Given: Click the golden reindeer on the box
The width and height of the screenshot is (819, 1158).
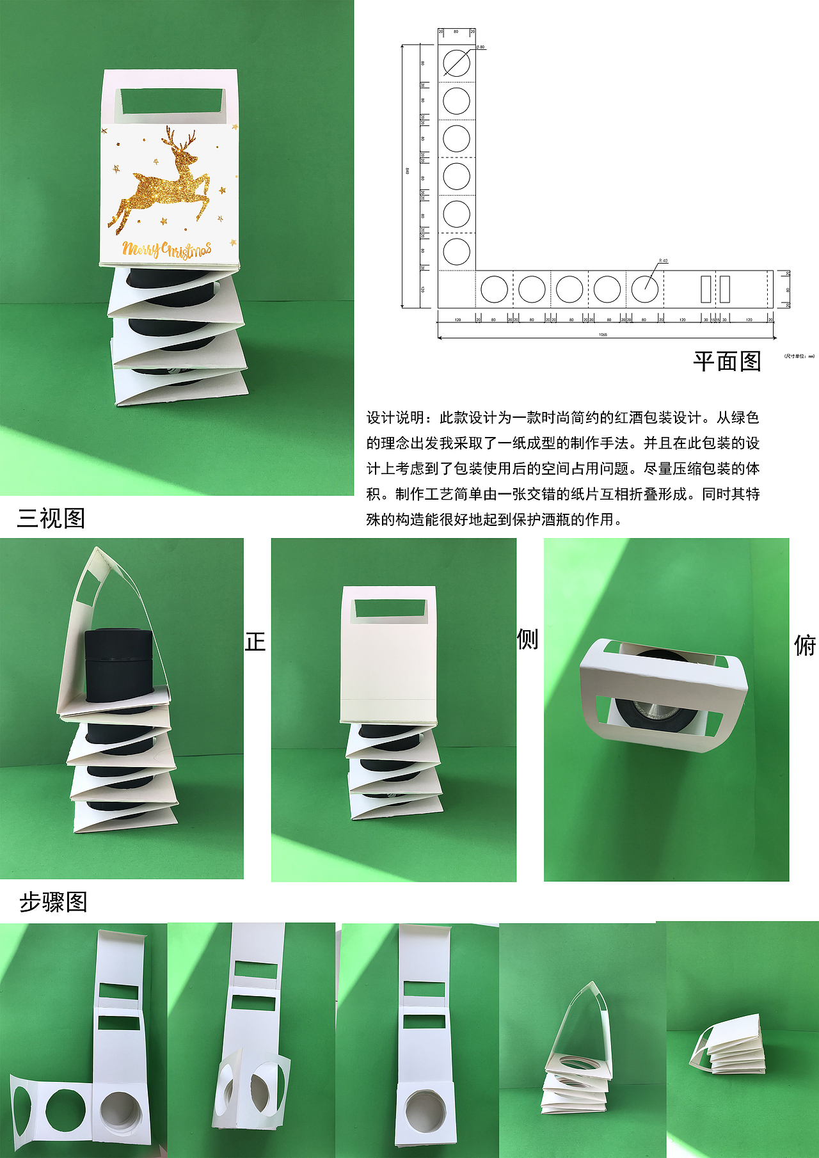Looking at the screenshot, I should pyautogui.click(x=164, y=182).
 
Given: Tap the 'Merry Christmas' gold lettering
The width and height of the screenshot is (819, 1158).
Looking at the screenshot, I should pyautogui.click(x=167, y=250).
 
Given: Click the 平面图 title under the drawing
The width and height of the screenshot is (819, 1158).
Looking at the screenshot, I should pyautogui.click(x=727, y=361).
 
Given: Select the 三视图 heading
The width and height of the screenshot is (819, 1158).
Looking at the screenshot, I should pyautogui.click(x=51, y=518).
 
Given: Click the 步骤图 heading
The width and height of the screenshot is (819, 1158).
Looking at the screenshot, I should pyautogui.click(x=53, y=902).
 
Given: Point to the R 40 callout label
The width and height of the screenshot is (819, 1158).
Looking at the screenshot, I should pyautogui.click(x=664, y=261).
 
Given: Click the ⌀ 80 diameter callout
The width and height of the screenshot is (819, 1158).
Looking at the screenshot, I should pyautogui.click(x=481, y=47).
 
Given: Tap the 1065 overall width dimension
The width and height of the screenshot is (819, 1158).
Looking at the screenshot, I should pyautogui.click(x=603, y=335).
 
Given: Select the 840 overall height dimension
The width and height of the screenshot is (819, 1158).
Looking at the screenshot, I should pyautogui.click(x=407, y=171).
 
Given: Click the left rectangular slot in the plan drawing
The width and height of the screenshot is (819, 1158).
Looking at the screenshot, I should pyautogui.click(x=705, y=289).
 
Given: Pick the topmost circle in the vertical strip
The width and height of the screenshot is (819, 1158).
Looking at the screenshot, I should pyautogui.click(x=456, y=63).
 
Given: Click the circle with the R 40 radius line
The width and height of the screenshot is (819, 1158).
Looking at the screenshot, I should pyautogui.click(x=644, y=289).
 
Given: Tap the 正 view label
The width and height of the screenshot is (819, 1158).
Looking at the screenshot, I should pyautogui.click(x=255, y=642).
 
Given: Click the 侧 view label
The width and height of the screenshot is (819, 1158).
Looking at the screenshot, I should pyautogui.click(x=528, y=639).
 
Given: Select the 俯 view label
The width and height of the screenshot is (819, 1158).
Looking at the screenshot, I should pyautogui.click(x=805, y=646).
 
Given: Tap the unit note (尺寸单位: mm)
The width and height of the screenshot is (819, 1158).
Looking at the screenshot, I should pyautogui.click(x=799, y=356).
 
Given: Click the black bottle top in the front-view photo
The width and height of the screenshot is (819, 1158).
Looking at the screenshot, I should pyautogui.click(x=118, y=665).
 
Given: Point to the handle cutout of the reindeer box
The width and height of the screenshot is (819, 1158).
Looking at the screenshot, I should pyautogui.click(x=170, y=101).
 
